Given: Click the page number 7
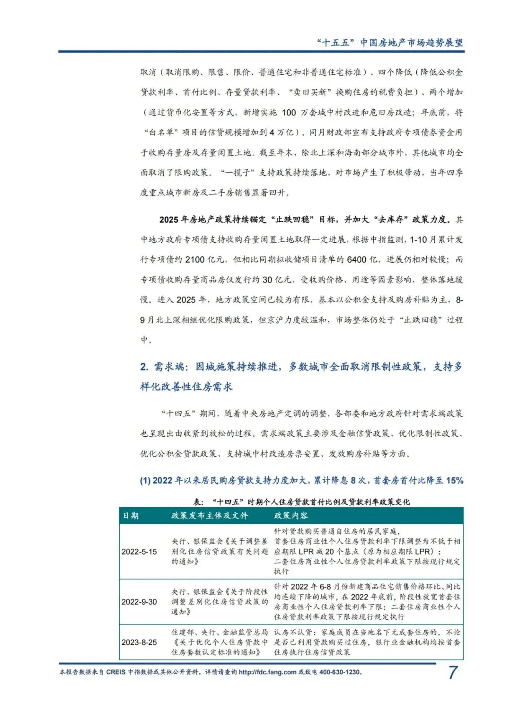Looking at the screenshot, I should tap(453, 672).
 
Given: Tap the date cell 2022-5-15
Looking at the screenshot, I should tap(139, 552).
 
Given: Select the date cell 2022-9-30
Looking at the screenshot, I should tap(139, 602).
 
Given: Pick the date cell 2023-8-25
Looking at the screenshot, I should tap(139, 642).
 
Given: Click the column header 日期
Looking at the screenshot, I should tap(131, 516).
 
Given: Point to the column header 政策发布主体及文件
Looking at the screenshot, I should tap(210, 516).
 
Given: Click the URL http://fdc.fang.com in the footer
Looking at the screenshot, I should tap(267, 672).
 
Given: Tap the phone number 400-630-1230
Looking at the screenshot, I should tap(340, 672).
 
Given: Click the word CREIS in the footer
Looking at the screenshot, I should tap(116, 672).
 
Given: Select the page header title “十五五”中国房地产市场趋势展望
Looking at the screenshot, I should tap(390, 43).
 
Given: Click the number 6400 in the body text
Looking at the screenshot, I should tap(356, 260).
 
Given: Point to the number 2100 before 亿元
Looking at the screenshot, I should tap(195, 260).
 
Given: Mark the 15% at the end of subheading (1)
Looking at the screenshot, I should tap(454, 481).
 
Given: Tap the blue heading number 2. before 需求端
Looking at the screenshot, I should tap(144, 367).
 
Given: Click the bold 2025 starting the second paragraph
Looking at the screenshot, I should tap(168, 220).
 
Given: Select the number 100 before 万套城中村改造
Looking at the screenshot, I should tap(289, 113).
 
